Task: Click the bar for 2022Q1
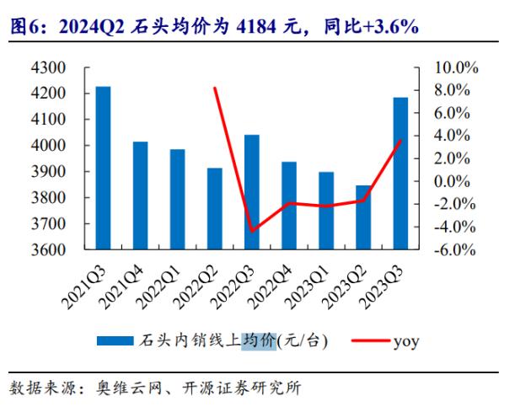tap(178, 200)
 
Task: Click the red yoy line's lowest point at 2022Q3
tap(252, 230)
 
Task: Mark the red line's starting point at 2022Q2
tap(215, 88)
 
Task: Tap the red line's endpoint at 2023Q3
tap(400, 140)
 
